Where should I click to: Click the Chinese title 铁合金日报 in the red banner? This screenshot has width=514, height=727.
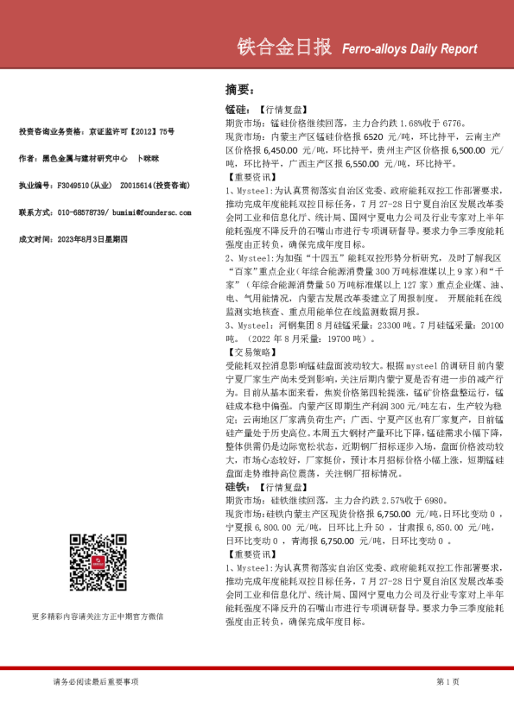point(284,48)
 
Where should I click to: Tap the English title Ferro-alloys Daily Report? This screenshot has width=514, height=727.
point(404,49)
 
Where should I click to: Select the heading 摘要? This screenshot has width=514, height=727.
point(238,89)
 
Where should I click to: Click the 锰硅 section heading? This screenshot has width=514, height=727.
point(235,111)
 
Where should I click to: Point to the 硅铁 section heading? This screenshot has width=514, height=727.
point(235,488)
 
